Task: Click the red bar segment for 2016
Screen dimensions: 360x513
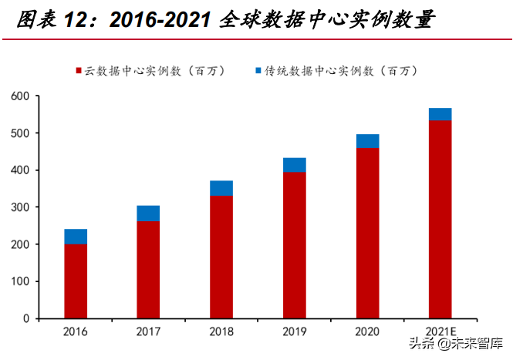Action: tap(76, 281)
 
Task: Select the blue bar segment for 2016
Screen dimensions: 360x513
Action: tap(76, 237)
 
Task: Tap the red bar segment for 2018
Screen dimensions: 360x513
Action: tap(221, 257)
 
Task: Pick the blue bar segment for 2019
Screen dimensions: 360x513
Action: tap(295, 165)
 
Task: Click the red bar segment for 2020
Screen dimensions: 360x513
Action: tap(367, 232)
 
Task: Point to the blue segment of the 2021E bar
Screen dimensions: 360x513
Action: tap(440, 114)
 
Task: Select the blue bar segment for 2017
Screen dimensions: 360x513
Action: tap(149, 214)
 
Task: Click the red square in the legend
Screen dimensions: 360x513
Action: tap(79, 71)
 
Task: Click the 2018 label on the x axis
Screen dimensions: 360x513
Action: tap(221, 331)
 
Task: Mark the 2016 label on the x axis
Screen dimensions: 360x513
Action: tap(76, 331)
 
